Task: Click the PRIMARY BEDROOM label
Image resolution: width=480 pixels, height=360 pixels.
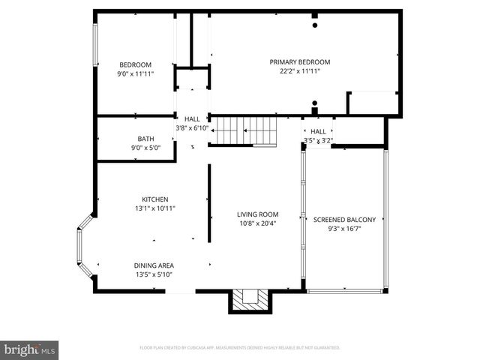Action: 300,62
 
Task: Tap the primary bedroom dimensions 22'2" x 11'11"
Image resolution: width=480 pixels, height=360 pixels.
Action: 300,71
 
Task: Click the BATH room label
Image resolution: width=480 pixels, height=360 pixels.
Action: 145,139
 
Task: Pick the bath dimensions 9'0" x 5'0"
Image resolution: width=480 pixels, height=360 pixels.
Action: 145,148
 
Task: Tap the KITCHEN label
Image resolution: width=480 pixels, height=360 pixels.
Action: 145,199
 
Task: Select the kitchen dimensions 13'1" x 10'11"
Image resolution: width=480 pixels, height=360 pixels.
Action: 145,208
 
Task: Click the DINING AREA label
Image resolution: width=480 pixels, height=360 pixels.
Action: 154,265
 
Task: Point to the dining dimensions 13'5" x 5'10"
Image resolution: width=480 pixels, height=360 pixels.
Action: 154,274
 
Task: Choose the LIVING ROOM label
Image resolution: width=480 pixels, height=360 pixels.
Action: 258,214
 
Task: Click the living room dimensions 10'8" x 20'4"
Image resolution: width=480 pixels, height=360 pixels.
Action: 258,223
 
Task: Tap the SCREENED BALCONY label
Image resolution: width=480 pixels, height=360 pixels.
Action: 344,220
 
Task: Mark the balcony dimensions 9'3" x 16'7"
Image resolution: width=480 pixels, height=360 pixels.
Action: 344,229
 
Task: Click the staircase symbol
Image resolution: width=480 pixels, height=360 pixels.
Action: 244,130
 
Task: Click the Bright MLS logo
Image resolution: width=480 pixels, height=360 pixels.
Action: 30,349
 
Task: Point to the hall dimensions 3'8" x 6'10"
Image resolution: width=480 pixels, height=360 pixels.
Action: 192,128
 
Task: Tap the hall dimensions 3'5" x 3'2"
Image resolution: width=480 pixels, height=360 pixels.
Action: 318,140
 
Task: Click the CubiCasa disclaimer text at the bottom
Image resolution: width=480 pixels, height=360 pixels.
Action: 240,348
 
